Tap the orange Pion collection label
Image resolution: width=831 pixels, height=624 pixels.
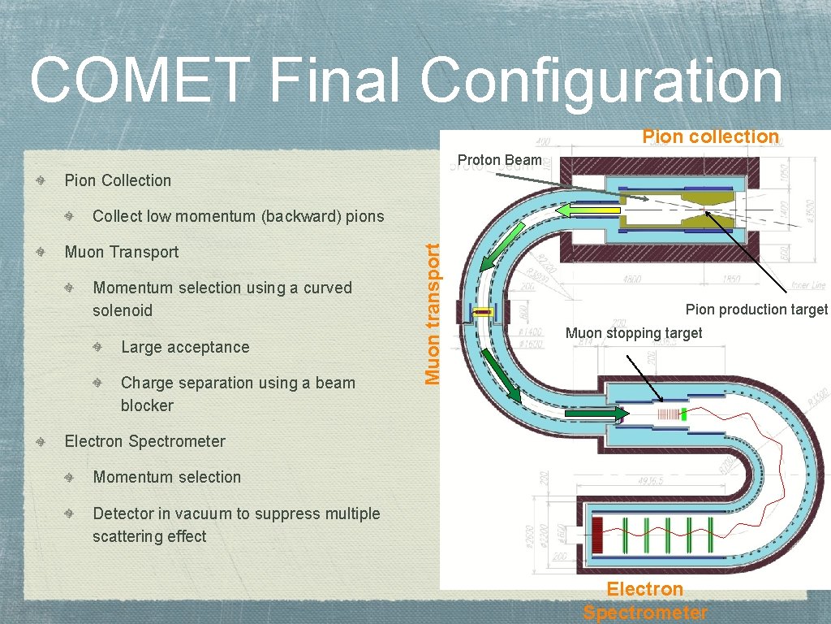(710, 136)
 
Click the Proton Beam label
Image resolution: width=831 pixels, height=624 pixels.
(499, 160)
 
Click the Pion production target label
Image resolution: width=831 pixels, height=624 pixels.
(756, 310)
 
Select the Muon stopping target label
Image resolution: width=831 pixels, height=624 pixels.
(633, 333)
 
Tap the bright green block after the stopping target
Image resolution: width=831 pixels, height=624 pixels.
(684, 415)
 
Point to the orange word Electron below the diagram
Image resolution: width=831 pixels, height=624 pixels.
(644, 589)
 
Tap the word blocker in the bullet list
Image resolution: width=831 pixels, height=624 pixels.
(147, 405)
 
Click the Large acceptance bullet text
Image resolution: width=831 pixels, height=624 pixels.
(185, 347)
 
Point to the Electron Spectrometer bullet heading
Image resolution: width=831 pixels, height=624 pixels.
(144, 441)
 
